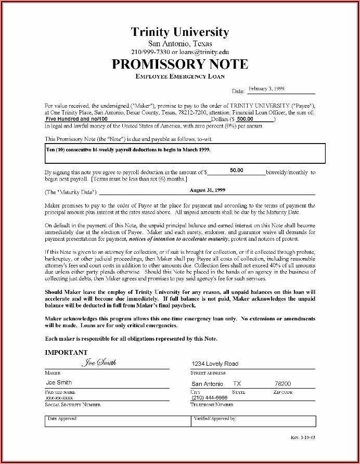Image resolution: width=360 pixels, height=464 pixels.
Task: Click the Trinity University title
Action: pos(180,32)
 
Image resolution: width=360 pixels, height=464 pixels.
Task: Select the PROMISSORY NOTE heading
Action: pos(180,65)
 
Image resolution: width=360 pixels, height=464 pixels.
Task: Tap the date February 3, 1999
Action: pos(266,88)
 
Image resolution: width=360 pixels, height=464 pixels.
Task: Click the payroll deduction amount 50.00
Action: pos(237,170)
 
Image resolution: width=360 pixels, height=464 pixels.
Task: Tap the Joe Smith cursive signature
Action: pos(99,363)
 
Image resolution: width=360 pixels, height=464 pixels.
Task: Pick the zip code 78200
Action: pos(282,383)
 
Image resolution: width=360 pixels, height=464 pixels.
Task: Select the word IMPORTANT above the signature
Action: pos(66,352)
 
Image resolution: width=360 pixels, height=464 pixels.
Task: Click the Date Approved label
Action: pos(62,418)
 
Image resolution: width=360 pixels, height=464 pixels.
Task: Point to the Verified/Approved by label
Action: pos(215,418)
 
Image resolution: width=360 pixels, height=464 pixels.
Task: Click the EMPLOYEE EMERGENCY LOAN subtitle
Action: pos(180,77)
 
